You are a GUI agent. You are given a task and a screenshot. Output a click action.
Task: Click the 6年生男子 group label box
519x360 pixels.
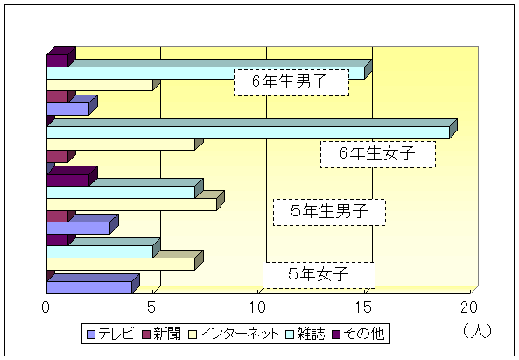point(291,82)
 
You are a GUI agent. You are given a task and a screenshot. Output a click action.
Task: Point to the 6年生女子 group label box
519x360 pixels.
point(378,154)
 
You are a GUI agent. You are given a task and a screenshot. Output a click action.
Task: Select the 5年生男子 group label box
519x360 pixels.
point(329,212)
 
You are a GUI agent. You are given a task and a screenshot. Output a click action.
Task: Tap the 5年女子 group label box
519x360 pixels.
point(319,275)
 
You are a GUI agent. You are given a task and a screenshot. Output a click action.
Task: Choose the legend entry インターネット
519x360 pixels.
point(234,334)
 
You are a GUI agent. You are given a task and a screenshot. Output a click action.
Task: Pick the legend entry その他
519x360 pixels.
point(358,334)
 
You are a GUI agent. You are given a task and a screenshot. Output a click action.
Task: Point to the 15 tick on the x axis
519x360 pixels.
point(363,307)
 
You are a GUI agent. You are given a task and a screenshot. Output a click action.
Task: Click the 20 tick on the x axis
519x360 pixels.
point(469,307)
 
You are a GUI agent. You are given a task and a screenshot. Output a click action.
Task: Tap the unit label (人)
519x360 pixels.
point(477,331)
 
